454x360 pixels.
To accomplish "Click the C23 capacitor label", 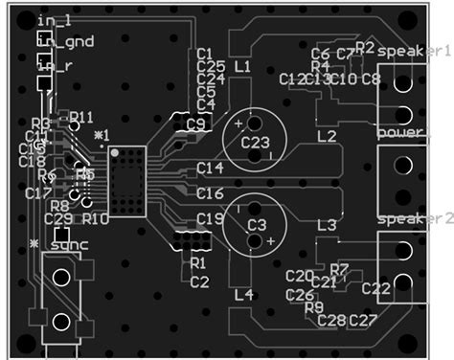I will coord(256,143).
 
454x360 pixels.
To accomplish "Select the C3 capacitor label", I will coord(256,224).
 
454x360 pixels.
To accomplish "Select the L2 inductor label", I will coord(327,136).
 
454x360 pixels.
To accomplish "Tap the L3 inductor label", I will coord(327,225).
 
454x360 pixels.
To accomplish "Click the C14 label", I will coord(211,168).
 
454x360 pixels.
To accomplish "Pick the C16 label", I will coord(211,193).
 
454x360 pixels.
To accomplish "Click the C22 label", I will coord(376,287).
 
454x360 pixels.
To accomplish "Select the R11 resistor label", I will coord(82,117).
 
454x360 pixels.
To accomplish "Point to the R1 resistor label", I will coord(199,262).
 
